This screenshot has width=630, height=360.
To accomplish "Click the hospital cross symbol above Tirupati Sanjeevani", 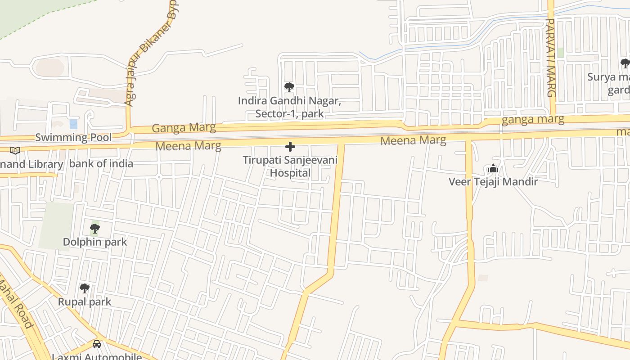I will coord(290,147).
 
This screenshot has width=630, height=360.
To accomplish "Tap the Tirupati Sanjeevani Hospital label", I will coord(290,166).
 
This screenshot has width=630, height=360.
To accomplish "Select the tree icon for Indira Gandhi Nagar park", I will coord(289,87).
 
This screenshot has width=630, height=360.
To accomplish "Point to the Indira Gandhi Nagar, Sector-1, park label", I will coord(289,107).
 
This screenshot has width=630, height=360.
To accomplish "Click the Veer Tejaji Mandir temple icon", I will coord(493,169).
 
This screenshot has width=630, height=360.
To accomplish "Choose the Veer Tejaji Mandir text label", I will coord(493,182).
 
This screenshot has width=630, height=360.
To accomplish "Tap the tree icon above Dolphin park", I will coord(94,229).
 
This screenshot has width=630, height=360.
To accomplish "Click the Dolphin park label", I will coord(95,242).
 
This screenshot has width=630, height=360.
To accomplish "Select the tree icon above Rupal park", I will coord(84,288).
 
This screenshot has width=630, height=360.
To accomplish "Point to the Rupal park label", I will coord(85,301).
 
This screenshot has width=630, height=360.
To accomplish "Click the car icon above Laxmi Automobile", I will coord(97,345).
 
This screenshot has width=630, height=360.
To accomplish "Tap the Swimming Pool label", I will coord(73,137).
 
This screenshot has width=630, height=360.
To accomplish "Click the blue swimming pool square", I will coord(73,124).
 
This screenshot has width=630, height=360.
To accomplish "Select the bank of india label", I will coord(101,163).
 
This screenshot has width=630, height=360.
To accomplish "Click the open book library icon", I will coord(15,150).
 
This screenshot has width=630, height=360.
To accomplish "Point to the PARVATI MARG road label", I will coord(551,58).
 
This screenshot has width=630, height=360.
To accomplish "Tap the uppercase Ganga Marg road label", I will coord(184,128).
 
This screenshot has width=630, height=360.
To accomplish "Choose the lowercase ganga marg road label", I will coord(533,119).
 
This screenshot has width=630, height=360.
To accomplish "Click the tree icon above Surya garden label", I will coord(625,63).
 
